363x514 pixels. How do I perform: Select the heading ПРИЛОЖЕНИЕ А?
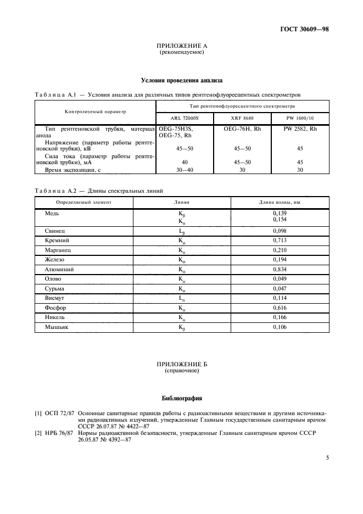point(181,46)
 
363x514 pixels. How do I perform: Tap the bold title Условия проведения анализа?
point(181,80)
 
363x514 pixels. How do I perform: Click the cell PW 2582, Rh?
point(300,128)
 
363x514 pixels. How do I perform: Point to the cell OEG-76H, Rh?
point(242,128)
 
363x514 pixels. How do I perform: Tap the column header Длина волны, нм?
point(280,202)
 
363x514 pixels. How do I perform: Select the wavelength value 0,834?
point(280,270)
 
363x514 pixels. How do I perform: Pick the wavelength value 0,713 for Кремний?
point(280,241)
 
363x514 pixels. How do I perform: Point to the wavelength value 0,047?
point(280,288)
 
